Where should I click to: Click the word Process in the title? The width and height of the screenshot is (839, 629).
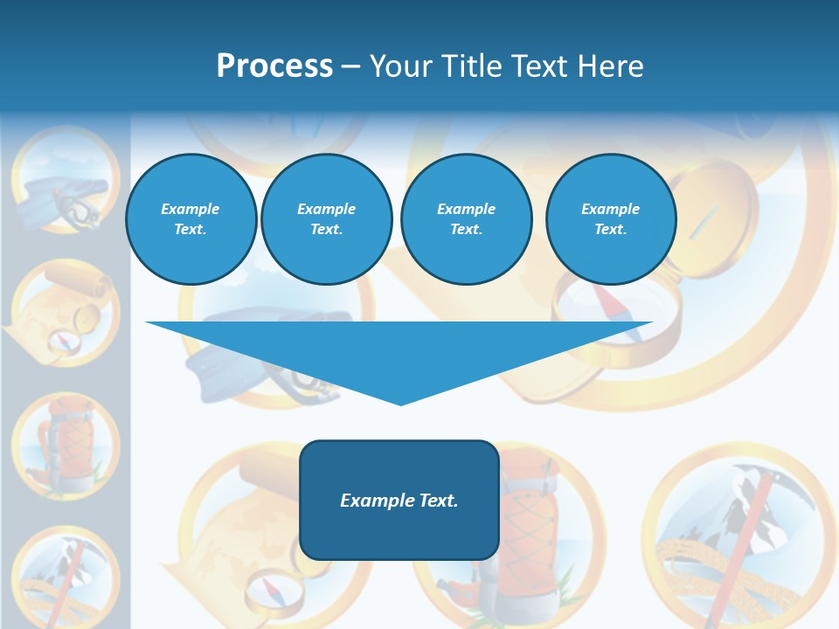274,66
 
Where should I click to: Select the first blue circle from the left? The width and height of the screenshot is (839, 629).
191,219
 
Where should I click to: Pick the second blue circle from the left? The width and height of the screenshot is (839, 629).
326,219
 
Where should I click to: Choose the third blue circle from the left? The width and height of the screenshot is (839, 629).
466,219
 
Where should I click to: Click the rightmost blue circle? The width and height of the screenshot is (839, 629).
610,219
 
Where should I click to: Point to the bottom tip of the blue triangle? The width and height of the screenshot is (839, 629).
400,404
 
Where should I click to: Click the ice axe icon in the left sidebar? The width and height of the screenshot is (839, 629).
65,577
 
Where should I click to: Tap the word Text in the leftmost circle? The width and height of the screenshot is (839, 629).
191,230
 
